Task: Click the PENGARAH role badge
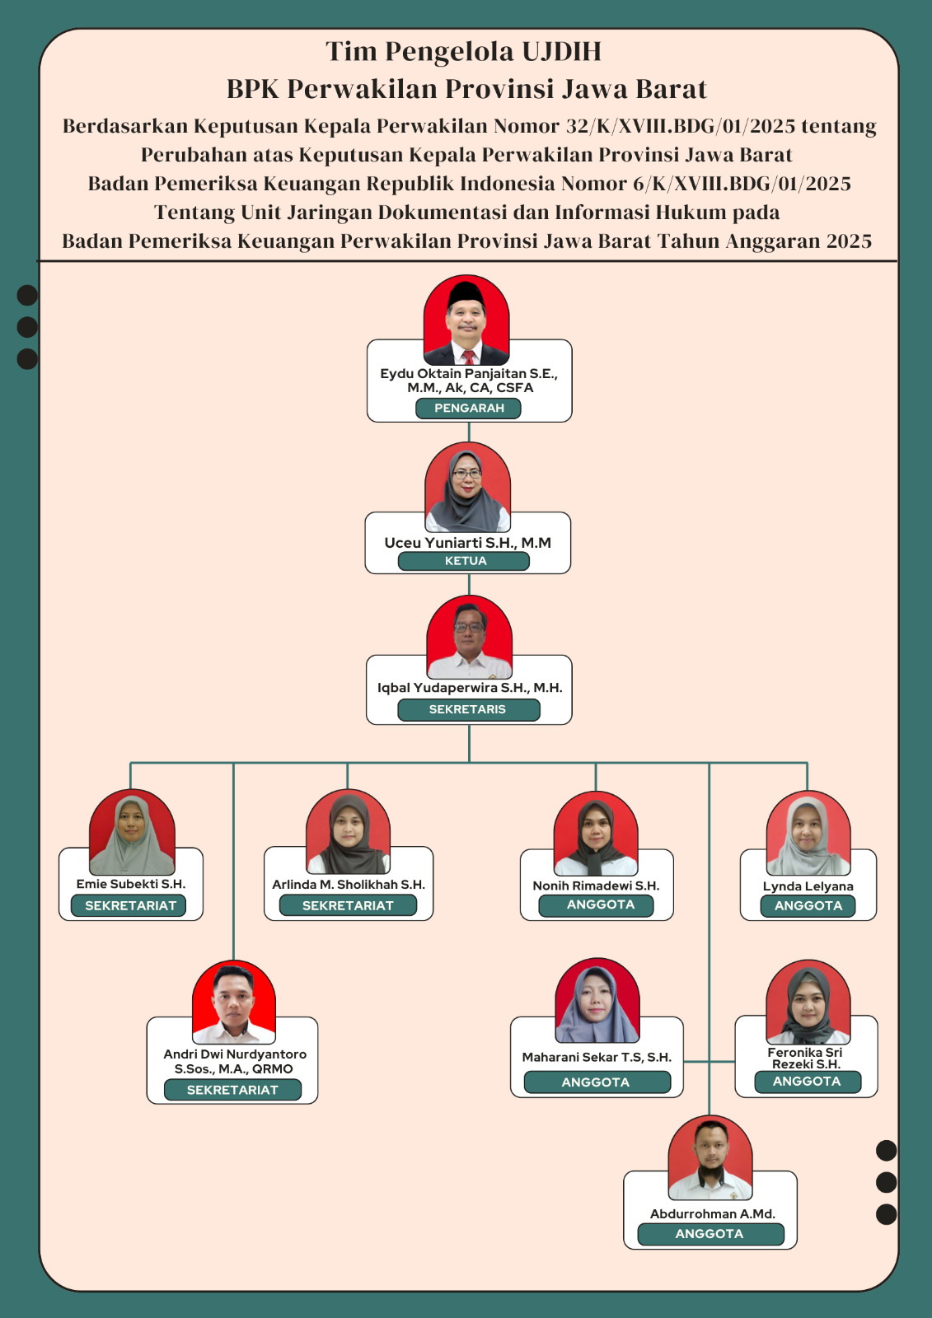pos(468,409)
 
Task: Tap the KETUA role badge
pos(464,561)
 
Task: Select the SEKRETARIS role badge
pos(469,709)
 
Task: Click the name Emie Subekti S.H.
pos(131,884)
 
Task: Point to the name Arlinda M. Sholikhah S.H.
pos(349,885)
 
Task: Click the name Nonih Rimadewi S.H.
pos(596,886)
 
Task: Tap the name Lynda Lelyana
pos(808,886)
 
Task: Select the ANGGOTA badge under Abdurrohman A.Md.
pos(710,1234)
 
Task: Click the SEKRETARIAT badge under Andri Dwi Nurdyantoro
pos(232,1090)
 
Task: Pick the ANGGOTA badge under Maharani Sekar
pos(597,1082)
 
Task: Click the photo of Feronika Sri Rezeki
pos(808,1003)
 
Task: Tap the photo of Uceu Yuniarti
pos(467,487)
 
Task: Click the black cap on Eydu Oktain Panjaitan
pos(466,293)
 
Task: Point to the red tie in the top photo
pos(469,357)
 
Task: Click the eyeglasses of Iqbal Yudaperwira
pos(469,627)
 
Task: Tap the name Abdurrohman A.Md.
pos(713,1214)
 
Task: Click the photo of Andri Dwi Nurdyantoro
pos(234,1003)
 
